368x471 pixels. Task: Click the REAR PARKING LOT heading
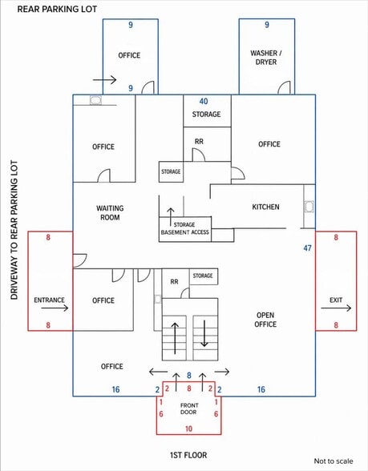[57, 9]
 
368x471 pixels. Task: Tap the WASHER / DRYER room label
[266, 58]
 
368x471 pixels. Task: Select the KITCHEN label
[265, 207]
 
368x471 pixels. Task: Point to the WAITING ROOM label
[110, 213]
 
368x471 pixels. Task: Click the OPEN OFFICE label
[265, 320]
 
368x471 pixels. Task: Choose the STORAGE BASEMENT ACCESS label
[185, 228]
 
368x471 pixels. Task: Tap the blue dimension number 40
[204, 101]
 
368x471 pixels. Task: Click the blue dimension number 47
[307, 248]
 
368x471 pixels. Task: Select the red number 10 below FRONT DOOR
[188, 429]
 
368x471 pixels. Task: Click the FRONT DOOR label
[189, 409]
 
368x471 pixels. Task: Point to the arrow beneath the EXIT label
[336, 308]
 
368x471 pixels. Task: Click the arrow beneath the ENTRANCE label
[55, 308]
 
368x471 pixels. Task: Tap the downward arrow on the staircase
[204, 333]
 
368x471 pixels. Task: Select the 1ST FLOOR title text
[188, 455]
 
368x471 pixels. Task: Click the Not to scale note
[334, 461]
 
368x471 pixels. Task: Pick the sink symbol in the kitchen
[309, 207]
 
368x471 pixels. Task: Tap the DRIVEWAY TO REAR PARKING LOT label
[14, 230]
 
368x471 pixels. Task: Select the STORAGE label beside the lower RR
[203, 276]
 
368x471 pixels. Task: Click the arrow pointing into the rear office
[104, 80]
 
